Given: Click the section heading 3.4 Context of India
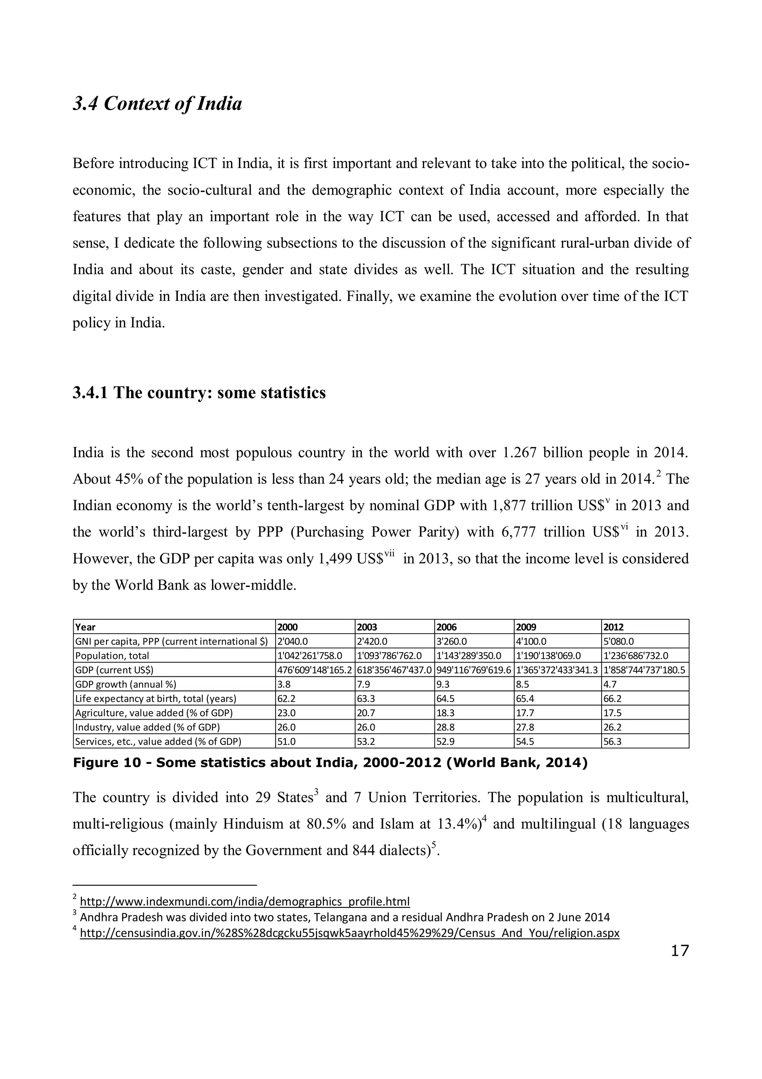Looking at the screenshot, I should coord(157,104).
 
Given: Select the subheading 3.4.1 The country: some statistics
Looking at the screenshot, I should coord(199,393).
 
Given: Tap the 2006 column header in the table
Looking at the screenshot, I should coord(446,627).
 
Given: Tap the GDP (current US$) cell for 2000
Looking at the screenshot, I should coord(314,670).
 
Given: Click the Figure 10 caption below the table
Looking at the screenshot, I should coord(330,763).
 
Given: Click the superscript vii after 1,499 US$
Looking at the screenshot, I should coord(389,555).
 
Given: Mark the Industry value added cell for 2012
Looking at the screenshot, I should coord(612,727).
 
